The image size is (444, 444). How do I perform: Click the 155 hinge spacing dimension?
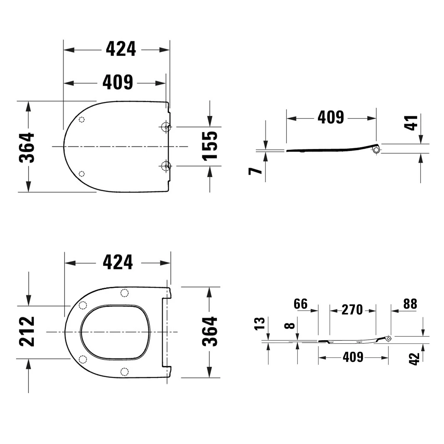[210, 146]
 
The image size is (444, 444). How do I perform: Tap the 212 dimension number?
[27, 332]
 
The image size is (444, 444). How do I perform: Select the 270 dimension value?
[352, 310]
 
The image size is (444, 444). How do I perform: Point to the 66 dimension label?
[301, 304]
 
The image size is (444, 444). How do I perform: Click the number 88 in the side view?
[410, 304]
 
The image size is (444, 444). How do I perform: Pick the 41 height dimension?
[411, 123]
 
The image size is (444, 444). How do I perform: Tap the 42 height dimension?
[414, 359]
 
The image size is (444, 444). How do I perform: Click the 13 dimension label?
[259, 323]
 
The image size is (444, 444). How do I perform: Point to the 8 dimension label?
[289, 326]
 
